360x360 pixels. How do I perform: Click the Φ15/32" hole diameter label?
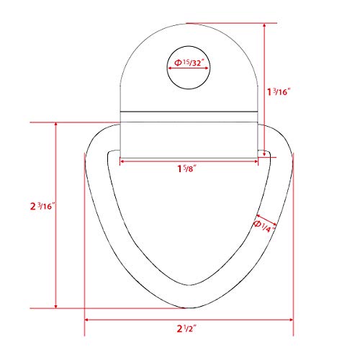(189, 63)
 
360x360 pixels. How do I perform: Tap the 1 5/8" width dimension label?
(186, 168)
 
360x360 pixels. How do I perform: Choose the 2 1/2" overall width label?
(186, 328)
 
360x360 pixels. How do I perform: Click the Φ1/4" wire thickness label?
(264, 227)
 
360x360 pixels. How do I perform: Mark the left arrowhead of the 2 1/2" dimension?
(86, 320)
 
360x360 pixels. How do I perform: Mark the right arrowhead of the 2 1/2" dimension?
(291, 320)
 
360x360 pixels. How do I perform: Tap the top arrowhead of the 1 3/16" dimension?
(264, 25)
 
